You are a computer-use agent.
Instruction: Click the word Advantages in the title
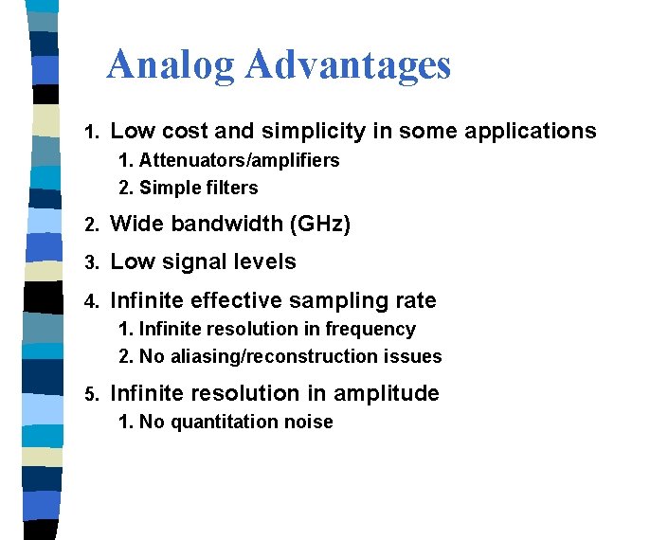point(348,64)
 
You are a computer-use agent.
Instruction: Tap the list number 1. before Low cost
point(91,132)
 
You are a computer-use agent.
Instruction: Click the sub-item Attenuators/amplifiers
point(239,160)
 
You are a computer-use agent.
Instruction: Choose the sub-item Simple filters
point(198,188)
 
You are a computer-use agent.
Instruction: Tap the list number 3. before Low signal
point(91,263)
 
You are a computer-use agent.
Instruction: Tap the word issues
point(411,356)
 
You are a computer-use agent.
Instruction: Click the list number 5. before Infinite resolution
point(91,394)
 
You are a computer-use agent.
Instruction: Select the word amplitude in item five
point(393,393)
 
